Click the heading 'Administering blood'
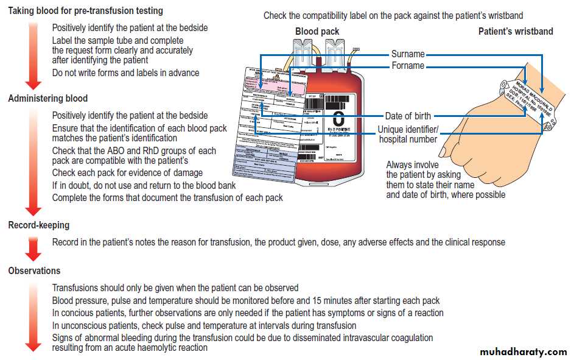tap(48, 99)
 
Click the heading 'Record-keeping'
tap(39, 225)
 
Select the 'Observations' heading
tap(35, 270)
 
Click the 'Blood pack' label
tap(317, 32)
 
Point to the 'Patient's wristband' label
tap(516, 32)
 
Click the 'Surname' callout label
tap(408, 55)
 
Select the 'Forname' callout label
tap(408, 66)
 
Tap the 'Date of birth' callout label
tap(408, 116)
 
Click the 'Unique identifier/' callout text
tap(408, 129)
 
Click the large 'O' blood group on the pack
tap(338, 117)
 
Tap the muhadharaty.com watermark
tap(523, 352)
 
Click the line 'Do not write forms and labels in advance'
tap(125, 73)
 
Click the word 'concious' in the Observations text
tap(78, 313)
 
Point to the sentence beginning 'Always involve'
tap(446, 180)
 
